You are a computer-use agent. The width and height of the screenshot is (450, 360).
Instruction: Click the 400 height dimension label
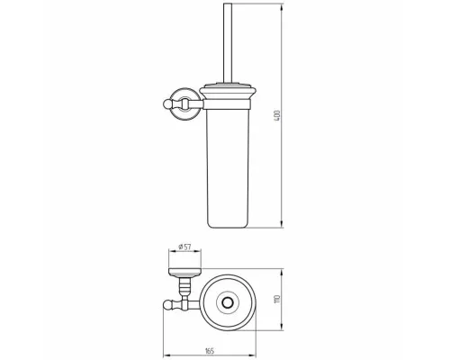pos(277,116)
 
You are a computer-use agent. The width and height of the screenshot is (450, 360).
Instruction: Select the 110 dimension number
pos(277,299)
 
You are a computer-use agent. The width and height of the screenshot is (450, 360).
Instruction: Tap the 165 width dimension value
pos(210,350)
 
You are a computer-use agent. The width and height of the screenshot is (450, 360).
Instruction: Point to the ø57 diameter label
pos(184,247)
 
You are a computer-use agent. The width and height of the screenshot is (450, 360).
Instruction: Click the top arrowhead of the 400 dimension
pos(282,6)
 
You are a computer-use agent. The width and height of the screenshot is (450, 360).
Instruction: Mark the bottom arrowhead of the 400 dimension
pos(282,225)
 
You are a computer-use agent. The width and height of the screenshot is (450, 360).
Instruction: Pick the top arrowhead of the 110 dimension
pos(282,272)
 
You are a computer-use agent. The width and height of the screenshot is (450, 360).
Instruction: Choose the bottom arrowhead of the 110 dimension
pos(282,328)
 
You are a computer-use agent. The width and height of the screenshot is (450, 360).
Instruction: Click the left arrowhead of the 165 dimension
pos(166,355)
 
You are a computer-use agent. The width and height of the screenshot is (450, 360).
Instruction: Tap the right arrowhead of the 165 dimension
pos(253,355)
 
